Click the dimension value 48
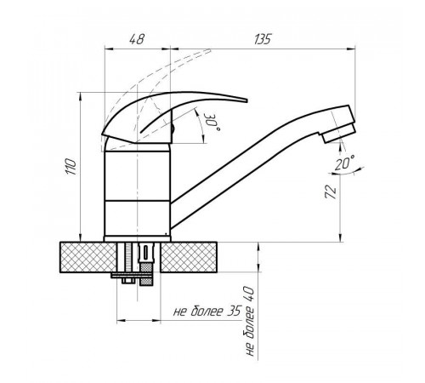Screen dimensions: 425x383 coord(137,39)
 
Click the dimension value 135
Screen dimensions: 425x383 coord(263,39)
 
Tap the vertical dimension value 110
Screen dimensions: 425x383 coord(71,167)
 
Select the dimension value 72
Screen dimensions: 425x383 coord(331,192)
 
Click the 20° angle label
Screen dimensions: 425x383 coord(344,163)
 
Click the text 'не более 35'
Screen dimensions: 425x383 coord(207,312)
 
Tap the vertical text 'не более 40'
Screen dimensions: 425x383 coord(250,322)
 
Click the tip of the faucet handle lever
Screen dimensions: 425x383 coord(246,100)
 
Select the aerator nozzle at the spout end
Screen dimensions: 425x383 coord(338,134)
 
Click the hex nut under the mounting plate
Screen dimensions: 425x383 coord(128,281)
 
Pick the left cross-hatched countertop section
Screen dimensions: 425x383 coord(88,257)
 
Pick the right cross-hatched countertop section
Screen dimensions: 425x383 coord(189,257)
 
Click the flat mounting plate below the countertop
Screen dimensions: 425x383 coord(132,275)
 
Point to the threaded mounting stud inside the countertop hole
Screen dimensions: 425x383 coord(129,257)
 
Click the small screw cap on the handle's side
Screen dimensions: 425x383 coord(173,129)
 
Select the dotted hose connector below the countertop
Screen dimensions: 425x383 coord(145,274)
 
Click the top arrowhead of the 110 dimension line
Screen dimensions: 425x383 coord(81,96)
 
